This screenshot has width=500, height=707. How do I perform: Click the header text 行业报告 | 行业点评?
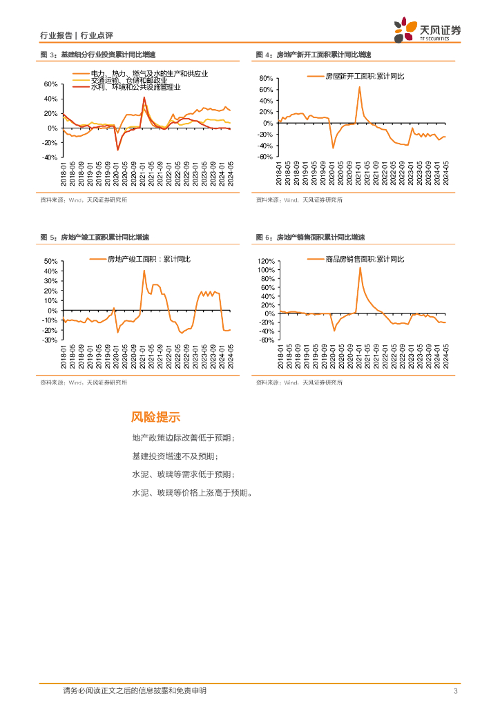pyautogui.click(x=77, y=35)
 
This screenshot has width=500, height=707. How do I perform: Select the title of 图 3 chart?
pyautogui.click(x=98, y=54)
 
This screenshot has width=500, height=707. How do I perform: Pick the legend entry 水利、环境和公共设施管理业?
pyautogui.click(x=135, y=87)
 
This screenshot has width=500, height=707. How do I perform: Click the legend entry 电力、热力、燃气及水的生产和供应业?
pyautogui.click(x=149, y=73)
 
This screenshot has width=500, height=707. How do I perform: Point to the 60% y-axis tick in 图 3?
pyautogui.click(x=50, y=84)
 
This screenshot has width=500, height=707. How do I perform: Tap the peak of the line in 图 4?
pyautogui.click(x=360, y=87)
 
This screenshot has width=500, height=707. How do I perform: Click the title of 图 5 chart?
pyautogui.click(x=98, y=238)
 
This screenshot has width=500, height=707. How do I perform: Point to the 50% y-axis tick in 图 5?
pyautogui.click(x=50, y=262)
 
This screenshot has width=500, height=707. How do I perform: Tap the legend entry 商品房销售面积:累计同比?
pyautogui.click(x=364, y=259)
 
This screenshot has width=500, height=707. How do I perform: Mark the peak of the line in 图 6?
pyautogui.click(x=360, y=268)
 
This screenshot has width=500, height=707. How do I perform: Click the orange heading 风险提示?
pyautogui.click(x=155, y=417)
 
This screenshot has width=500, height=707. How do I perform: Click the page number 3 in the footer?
pyautogui.click(x=456, y=691)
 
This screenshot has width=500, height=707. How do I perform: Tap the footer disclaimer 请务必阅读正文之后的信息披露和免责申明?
pyautogui.click(x=135, y=690)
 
